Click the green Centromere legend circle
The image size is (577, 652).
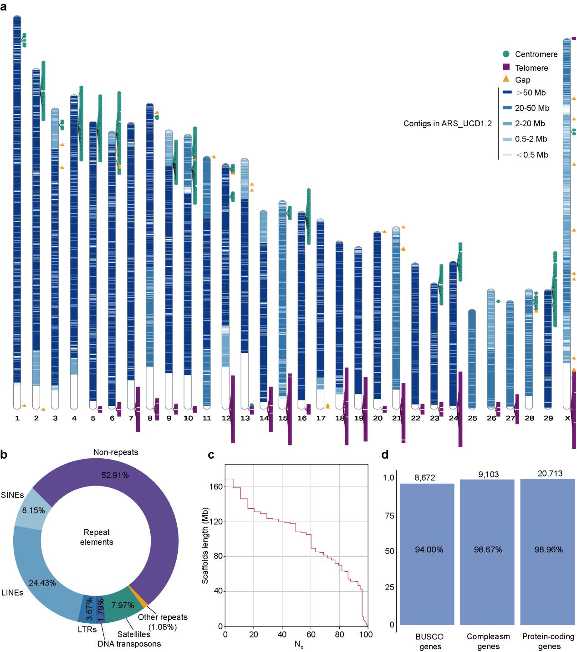pyautogui.click(x=506, y=54)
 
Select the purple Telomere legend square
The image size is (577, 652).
pyautogui.click(x=506, y=67)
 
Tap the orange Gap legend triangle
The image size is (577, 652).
pyautogui.click(x=506, y=79)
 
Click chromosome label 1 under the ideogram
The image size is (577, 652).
pyautogui.click(x=17, y=418)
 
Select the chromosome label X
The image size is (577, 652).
pyautogui.click(x=567, y=418)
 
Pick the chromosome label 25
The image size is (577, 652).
pyautogui.click(x=472, y=418)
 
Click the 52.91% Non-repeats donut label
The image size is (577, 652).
pyautogui.click(x=115, y=475)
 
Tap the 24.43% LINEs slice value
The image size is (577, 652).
pyautogui.click(x=42, y=583)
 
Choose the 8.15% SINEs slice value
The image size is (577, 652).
pyautogui.click(x=34, y=510)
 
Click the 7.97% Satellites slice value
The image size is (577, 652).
pyautogui.click(x=123, y=605)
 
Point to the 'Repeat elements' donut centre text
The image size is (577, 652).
pyautogui.click(x=97, y=537)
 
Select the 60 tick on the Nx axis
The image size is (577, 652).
pyautogui.click(x=311, y=634)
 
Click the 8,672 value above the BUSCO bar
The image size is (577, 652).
pyautogui.click(x=425, y=478)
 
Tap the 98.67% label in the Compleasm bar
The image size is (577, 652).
pyautogui.click(x=488, y=549)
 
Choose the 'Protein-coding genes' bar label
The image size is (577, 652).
pyautogui.click(x=548, y=641)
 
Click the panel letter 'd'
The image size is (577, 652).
pyautogui.click(x=385, y=455)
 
